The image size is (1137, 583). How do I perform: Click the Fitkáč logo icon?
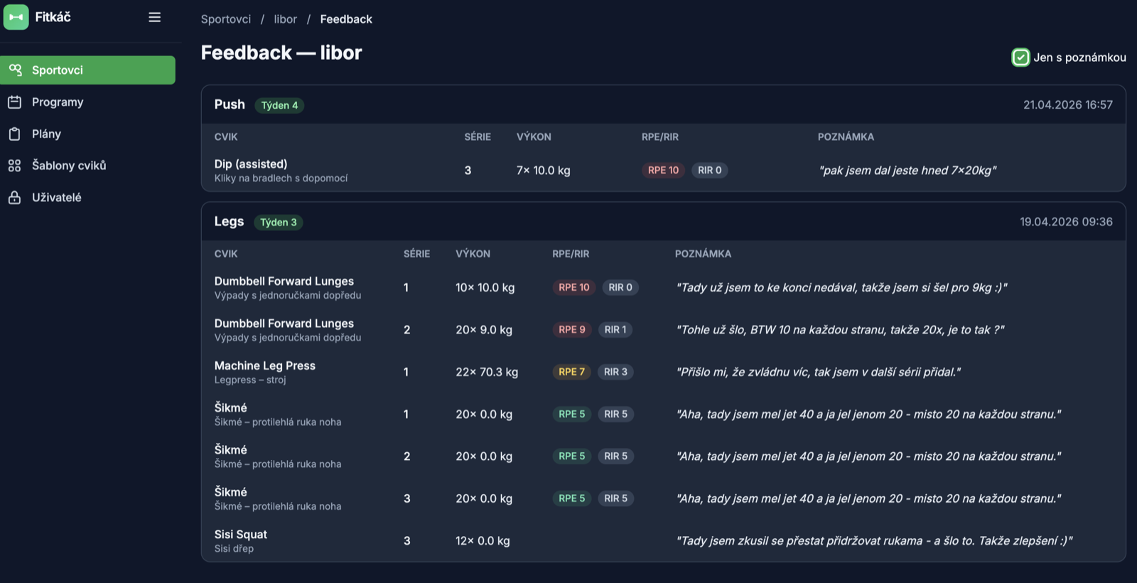pyautogui.click(x=16, y=17)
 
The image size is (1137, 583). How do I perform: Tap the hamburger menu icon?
pyautogui.click(x=154, y=17)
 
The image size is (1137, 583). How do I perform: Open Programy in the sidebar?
pyautogui.click(x=58, y=102)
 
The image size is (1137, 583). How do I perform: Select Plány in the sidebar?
pyautogui.click(x=46, y=134)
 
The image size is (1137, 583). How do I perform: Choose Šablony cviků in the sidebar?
pyautogui.click(x=68, y=166)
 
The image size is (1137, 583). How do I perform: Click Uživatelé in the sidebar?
pyautogui.click(x=56, y=198)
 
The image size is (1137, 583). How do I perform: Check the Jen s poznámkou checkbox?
pyautogui.click(x=1020, y=58)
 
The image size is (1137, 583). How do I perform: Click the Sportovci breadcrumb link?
pyautogui.click(x=226, y=19)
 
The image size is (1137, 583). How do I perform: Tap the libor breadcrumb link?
pyautogui.click(x=285, y=19)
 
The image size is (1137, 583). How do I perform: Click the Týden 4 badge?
pyautogui.click(x=279, y=105)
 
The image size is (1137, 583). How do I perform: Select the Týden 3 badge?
pyautogui.click(x=278, y=223)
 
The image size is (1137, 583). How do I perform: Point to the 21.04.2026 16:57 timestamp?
pyautogui.click(x=1067, y=105)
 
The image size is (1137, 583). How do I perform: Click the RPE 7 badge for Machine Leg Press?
pyautogui.click(x=571, y=372)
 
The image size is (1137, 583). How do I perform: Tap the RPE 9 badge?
pyautogui.click(x=571, y=330)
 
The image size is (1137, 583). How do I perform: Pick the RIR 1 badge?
pyautogui.click(x=615, y=330)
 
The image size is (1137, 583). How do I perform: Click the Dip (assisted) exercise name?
pyautogui.click(x=251, y=164)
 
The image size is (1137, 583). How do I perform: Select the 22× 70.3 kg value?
pyautogui.click(x=487, y=373)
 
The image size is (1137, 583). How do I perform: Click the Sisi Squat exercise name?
pyautogui.click(x=241, y=534)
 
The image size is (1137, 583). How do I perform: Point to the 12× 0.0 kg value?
pyautogui.click(x=483, y=541)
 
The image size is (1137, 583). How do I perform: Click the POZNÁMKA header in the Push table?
pyautogui.click(x=846, y=137)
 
